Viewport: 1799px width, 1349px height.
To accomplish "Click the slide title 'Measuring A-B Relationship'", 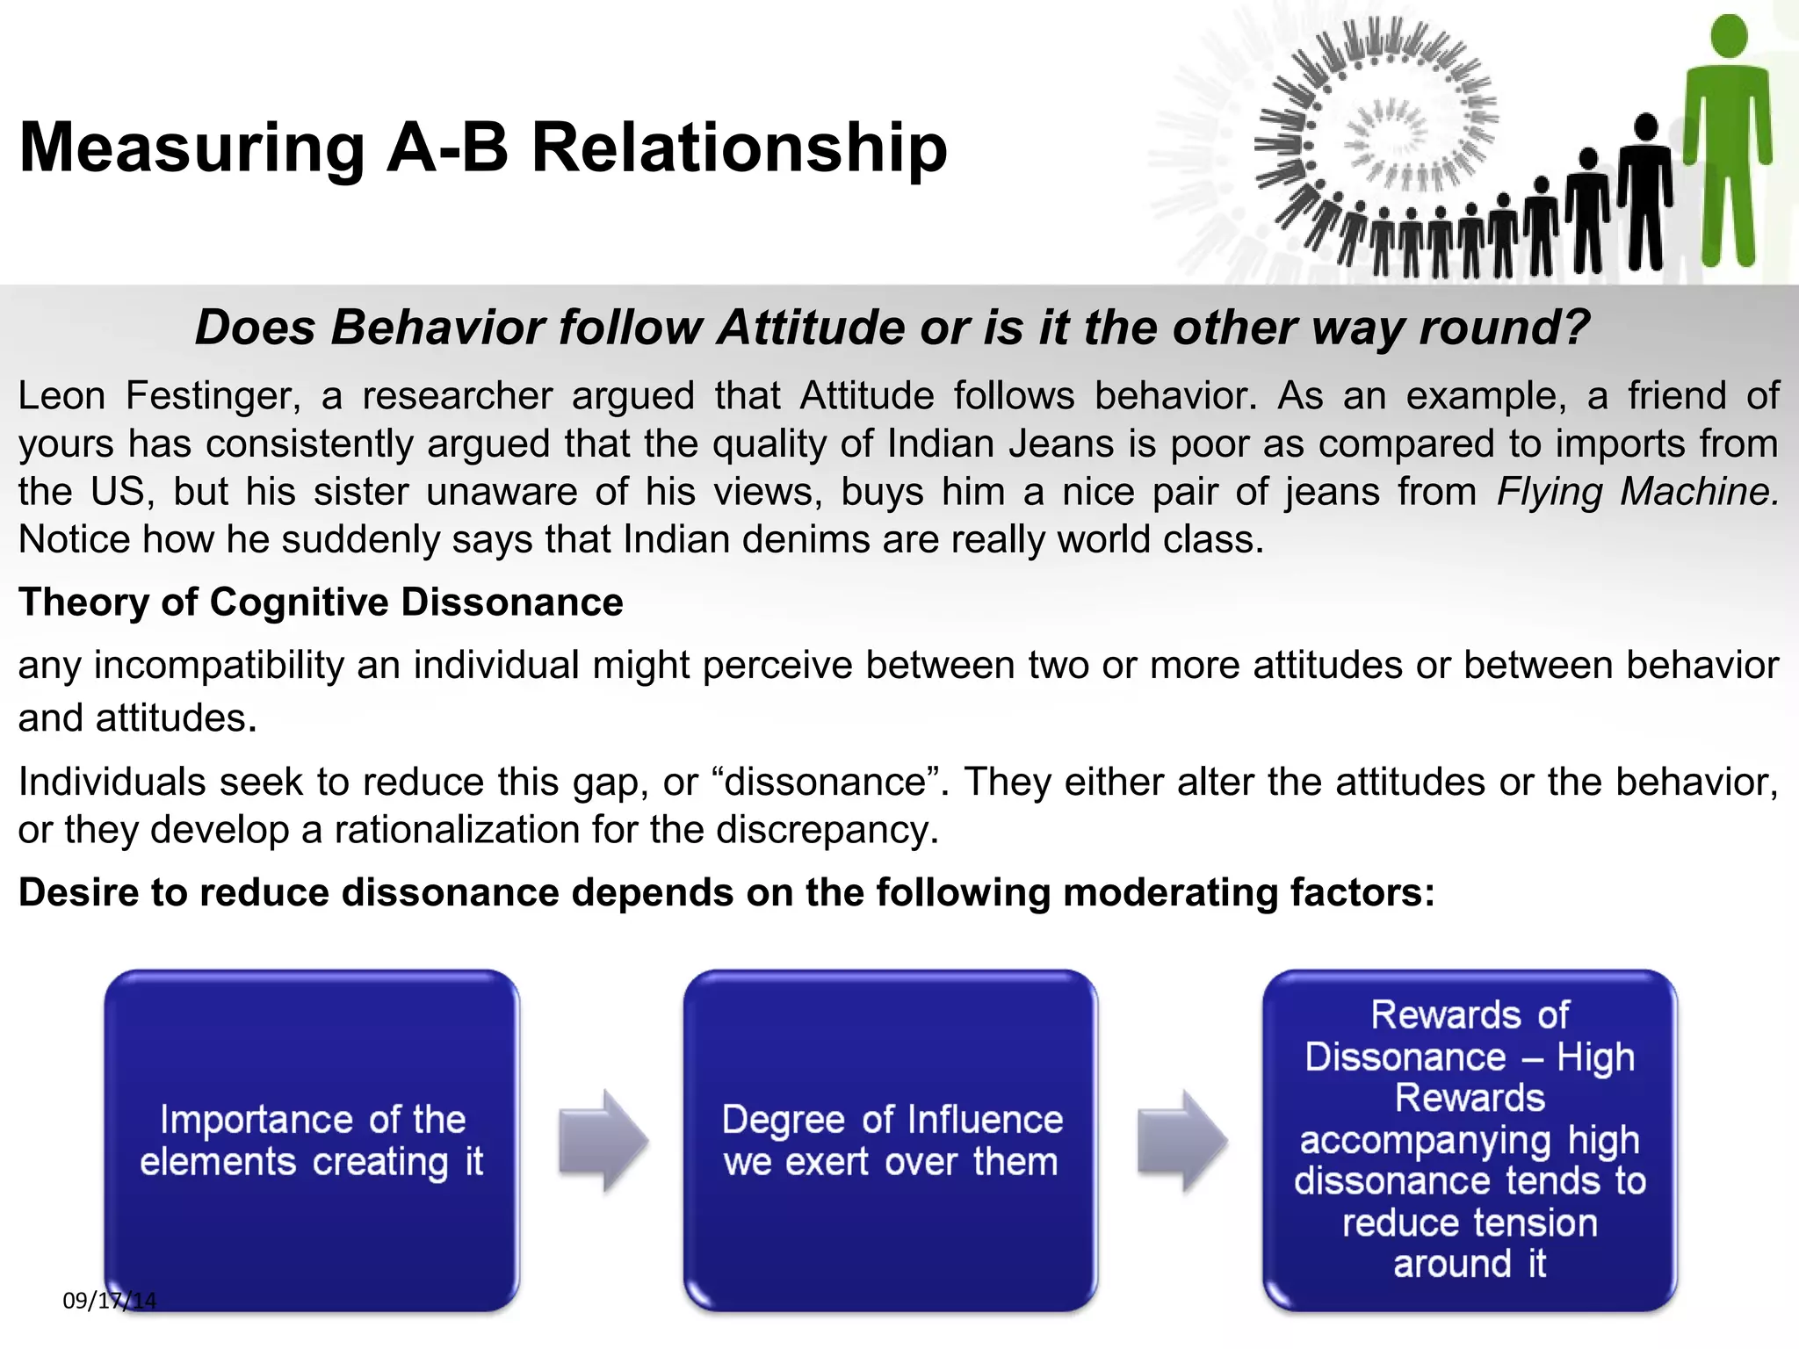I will point(483,148).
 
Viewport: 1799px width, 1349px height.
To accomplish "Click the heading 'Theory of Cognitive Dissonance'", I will point(321,602).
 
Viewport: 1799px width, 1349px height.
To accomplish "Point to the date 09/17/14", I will point(109,1301).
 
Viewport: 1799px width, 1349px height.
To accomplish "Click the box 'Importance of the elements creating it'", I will point(312,1140).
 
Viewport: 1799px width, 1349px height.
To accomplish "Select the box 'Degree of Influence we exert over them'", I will point(891,1140).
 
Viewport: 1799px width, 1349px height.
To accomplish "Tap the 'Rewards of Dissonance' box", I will point(1470,1140).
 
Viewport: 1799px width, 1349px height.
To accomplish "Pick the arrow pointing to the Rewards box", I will point(1181,1141).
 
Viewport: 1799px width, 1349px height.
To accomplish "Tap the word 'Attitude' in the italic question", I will point(812,328).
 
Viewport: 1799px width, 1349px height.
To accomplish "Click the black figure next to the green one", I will point(1644,193).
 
